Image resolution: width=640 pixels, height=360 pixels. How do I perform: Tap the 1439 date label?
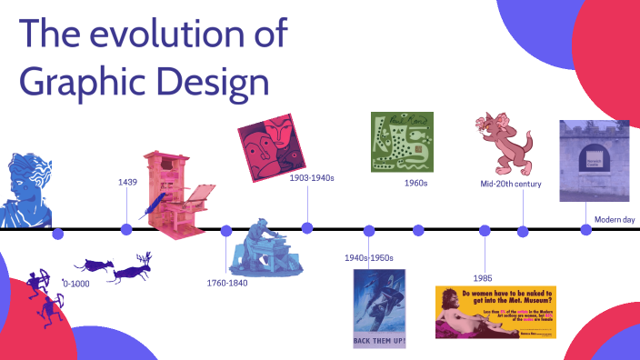click(127, 183)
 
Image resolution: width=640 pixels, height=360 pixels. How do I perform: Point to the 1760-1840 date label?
click(227, 283)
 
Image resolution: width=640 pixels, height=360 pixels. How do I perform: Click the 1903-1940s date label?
click(312, 178)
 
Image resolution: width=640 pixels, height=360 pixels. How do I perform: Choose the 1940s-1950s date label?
click(368, 258)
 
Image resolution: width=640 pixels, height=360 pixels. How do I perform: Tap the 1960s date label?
click(416, 183)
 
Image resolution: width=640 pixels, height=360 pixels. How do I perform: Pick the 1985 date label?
click(484, 276)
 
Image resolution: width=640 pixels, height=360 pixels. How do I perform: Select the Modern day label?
click(615, 219)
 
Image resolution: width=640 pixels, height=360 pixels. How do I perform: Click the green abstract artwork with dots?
click(402, 141)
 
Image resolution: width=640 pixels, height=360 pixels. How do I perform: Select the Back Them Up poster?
click(379, 309)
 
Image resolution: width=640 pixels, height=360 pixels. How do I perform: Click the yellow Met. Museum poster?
click(495, 312)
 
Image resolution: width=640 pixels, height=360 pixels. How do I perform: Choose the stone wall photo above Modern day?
click(587, 161)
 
